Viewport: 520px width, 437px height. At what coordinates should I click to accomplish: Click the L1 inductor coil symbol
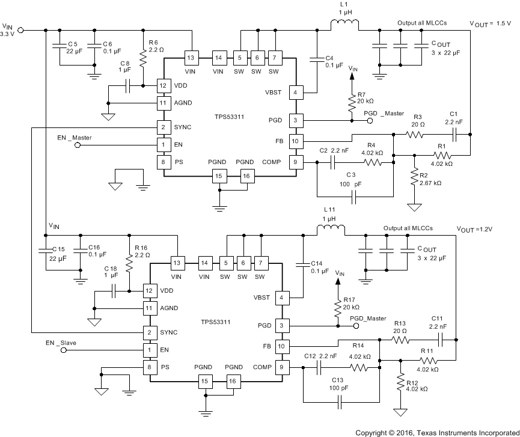coord(344,25)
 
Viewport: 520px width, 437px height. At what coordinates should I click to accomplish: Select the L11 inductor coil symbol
coord(331,229)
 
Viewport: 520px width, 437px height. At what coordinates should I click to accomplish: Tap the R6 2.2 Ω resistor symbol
coord(143,58)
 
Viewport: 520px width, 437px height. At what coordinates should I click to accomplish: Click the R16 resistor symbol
coord(129,262)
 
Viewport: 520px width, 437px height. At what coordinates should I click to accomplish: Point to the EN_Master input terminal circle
coord(78,145)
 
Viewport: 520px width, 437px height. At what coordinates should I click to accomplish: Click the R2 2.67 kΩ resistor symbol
coord(414,179)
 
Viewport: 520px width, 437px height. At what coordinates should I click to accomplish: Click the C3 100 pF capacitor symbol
coord(355,196)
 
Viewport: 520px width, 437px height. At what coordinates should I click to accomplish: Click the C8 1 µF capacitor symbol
coord(129,86)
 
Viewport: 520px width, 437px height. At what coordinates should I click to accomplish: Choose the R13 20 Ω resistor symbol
coord(400,340)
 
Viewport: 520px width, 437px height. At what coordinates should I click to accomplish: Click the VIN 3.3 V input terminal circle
coord(21,29)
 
